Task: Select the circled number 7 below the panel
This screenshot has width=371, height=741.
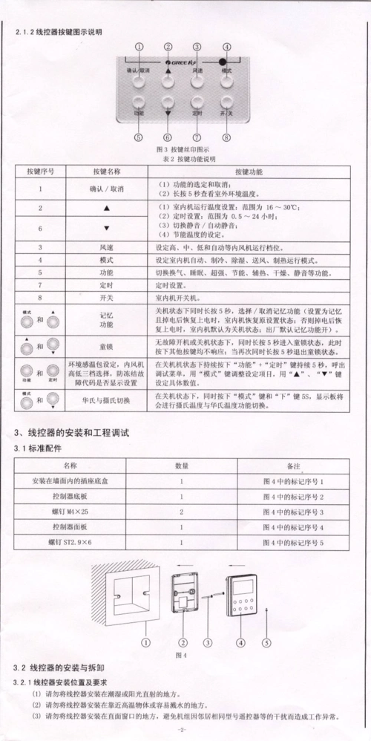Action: [197, 137]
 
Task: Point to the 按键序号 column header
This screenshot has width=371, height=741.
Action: [41, 171]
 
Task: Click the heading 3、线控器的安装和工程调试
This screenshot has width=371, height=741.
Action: [71, 432]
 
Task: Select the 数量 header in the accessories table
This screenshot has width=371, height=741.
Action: [181, 466]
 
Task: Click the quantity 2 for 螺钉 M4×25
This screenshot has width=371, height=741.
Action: [181, 512]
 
